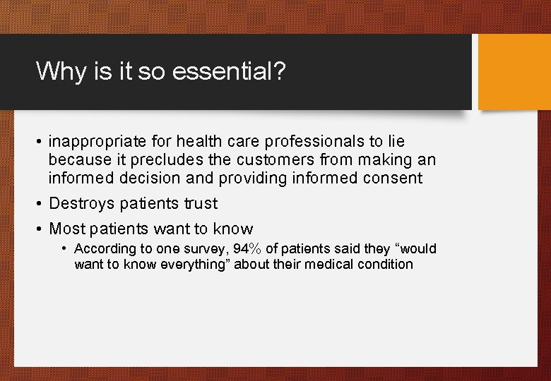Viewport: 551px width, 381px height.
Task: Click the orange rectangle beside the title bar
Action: (x=514, y=72)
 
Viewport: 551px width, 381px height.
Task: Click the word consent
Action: (x=391, y=179)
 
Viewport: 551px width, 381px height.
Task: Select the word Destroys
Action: (x=81, y=204)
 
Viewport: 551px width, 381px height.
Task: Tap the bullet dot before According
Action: (x=65, y=249)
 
